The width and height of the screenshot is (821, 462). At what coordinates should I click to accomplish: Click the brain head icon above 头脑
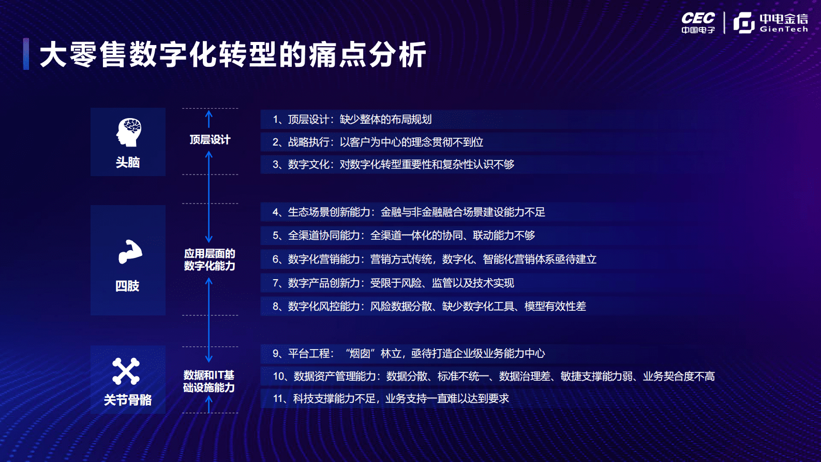click(x=128, y=132)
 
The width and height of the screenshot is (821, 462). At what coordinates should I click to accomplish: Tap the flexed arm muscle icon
click(x=129, y=252)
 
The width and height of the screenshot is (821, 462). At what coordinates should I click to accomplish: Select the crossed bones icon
click(x=126, y=371)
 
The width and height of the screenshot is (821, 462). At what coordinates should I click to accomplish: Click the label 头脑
click(x=128, y=163)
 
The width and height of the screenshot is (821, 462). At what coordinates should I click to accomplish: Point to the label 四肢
click(x=127, y=286)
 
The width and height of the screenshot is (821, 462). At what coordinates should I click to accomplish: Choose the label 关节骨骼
click(x=128, y=400)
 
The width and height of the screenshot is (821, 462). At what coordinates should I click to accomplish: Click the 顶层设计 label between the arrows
click(x=210, y=140)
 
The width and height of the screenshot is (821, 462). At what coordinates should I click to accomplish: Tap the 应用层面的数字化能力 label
click(x=210, y=259)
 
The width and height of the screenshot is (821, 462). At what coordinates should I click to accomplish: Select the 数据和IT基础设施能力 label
click(x=209, y=381)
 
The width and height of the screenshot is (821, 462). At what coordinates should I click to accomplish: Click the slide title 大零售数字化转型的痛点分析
click(x=233, y=54)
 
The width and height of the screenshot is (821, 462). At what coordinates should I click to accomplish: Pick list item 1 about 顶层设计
click(x=352, y=120)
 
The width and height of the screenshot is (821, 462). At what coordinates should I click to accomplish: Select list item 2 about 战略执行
click(x=378, y=142)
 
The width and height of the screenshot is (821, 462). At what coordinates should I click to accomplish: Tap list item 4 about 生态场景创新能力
click(x=409, y=212)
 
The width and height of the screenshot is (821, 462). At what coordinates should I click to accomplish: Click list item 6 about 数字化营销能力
click(x=435, y=259)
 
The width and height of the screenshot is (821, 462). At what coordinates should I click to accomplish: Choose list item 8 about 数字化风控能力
click(x=429, y=307)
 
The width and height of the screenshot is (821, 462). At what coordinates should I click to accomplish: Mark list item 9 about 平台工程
click(x=409, y=354)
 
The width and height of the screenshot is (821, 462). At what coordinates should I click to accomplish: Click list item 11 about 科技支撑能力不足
click(x=391, y=399)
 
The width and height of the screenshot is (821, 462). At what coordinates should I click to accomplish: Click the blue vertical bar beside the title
click(x=26, y=54)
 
